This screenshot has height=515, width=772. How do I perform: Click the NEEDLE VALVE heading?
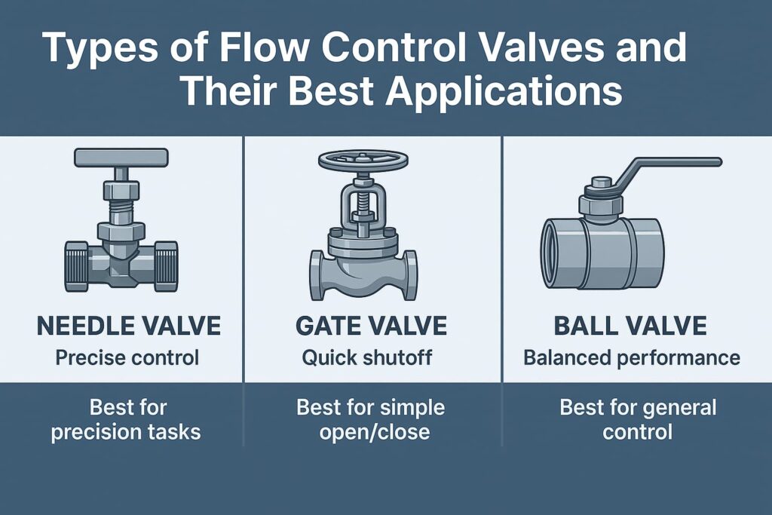(129, 326)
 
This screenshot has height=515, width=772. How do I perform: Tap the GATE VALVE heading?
(371, 326)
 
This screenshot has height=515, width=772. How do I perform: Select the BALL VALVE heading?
(631, 326)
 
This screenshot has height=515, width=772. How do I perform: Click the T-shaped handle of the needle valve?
(121, 158)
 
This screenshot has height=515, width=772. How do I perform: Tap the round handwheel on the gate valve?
(363, 160)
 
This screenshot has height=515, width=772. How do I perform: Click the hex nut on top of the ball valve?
(601, 200)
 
